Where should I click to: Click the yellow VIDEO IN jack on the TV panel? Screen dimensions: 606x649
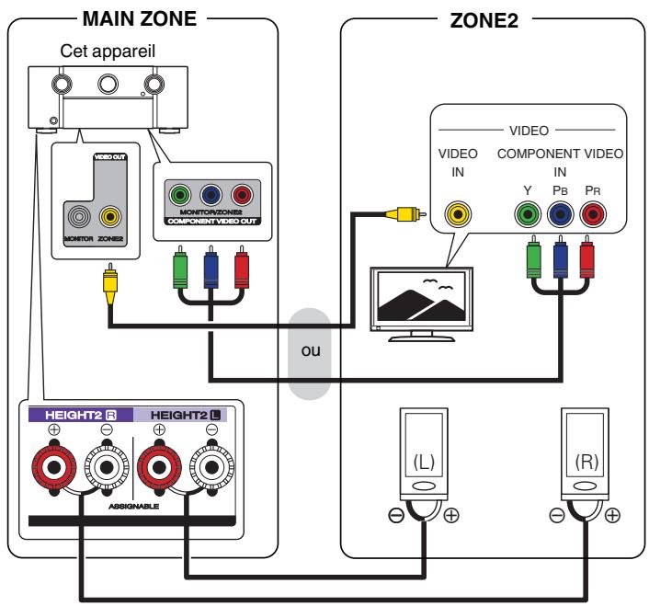click(x=457, y=214)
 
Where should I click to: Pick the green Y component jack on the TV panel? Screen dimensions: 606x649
click(x=528, y=214)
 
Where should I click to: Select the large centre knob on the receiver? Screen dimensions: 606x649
click(x=108, y=86)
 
